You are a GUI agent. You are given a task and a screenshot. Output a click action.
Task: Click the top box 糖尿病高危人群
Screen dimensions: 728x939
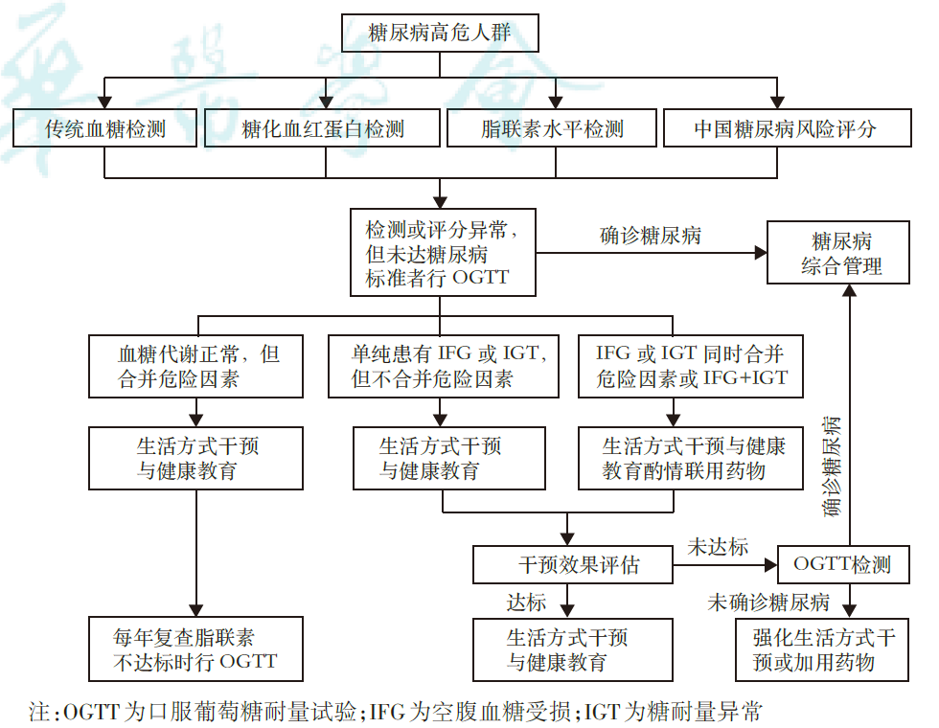[440, 34]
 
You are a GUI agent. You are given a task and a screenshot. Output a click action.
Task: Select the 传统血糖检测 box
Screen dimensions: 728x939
[104, 128]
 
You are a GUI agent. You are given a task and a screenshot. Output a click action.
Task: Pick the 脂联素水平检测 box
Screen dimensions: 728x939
[552, 128]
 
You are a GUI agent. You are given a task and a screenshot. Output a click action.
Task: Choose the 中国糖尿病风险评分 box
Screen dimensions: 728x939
[785, 128]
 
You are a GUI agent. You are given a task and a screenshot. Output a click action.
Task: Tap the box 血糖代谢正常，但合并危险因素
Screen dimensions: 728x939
[196, 365]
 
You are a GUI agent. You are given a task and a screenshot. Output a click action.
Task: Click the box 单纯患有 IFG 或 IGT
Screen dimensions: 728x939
[443, 365]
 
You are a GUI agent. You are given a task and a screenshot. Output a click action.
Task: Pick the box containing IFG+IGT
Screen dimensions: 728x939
[688, 365]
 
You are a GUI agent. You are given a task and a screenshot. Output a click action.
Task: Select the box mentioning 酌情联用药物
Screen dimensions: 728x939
[688, 458]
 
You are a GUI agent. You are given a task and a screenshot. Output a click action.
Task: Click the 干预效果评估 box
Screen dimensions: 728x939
[573, 564]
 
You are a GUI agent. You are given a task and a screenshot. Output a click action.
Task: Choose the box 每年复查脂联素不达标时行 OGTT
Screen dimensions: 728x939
[195, 648]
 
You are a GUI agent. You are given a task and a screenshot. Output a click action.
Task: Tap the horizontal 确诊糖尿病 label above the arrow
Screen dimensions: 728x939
[650, 236]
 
